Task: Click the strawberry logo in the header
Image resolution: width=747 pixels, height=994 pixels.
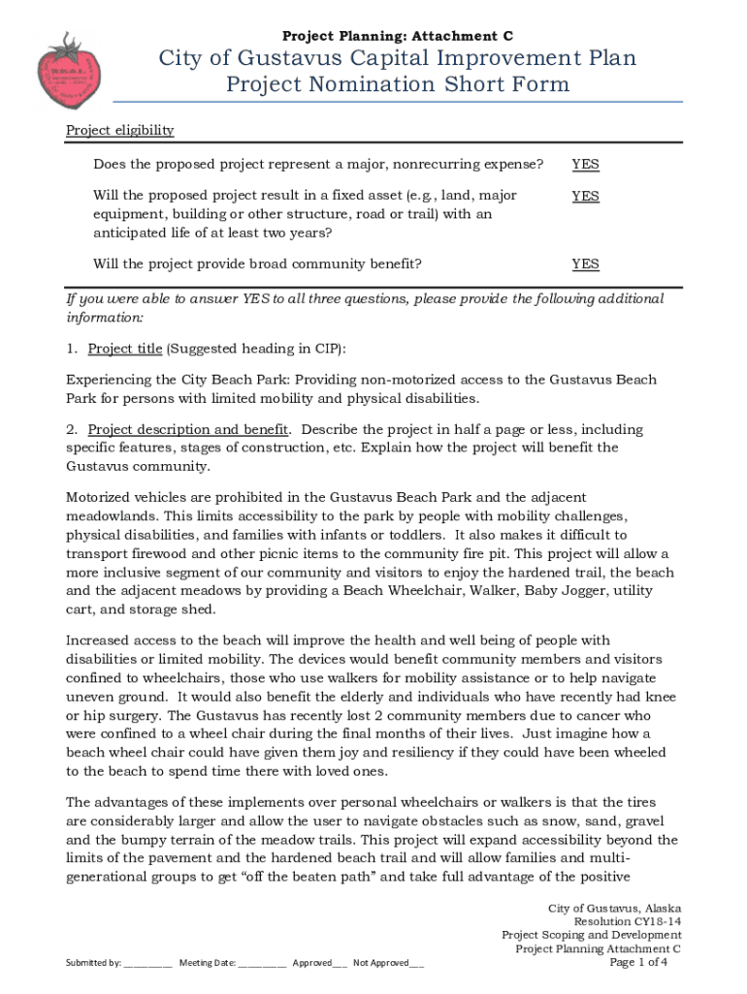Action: tap(67, 70)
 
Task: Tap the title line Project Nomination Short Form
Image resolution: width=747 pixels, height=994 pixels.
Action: tap(398, 84)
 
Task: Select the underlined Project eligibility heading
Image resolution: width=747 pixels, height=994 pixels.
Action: tap(119, 130)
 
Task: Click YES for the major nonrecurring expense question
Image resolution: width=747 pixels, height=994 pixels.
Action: tap(585, 164)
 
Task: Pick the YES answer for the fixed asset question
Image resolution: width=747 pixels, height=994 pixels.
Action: tap(585, 195)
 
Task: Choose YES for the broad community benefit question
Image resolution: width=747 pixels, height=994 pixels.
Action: tap(585, 263)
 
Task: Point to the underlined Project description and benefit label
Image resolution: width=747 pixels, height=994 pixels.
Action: tap(187, 429)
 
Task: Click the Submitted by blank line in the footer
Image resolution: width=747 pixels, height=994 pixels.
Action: tap(148, 963)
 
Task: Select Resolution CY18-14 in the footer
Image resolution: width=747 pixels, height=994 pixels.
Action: tap(627, 921)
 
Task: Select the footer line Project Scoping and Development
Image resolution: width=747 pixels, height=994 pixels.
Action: tap(591, 935)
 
